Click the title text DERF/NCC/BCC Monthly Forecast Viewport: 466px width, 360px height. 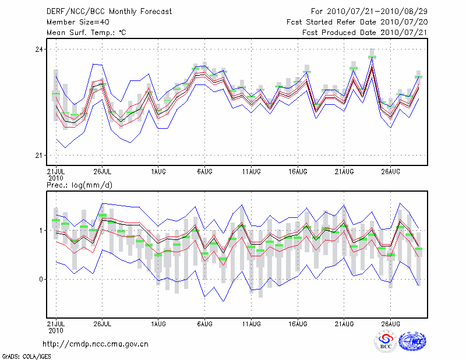point(109,11)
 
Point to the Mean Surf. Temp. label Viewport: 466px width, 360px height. point(86,32)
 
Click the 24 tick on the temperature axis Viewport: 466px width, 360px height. point(39,50)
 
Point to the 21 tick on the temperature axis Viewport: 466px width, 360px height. point(39,155)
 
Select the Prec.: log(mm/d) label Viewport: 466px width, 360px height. point(79,185)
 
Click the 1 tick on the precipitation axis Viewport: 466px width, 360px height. point(41,231)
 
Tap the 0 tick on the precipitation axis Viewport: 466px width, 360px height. point(41,279)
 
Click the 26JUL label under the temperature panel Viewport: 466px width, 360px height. point(103,172)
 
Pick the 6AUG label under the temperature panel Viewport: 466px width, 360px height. point(204,172)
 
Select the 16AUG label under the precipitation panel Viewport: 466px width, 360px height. point(298,323)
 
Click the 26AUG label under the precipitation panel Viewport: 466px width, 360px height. point(390,323)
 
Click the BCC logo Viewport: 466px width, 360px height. point(386,342)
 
